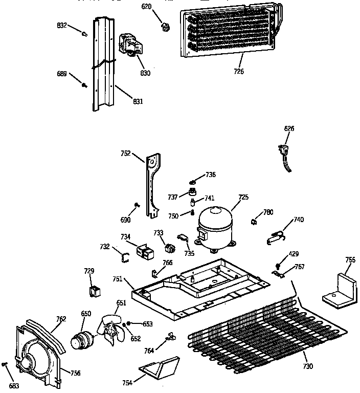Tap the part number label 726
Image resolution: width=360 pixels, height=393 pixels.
pyautogui.click(x=239, y=71)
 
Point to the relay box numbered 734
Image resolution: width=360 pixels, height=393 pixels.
pyautogui.click(x=146, y=251)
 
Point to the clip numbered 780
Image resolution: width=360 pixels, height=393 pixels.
pyautogui.click(x=254, y=221)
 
